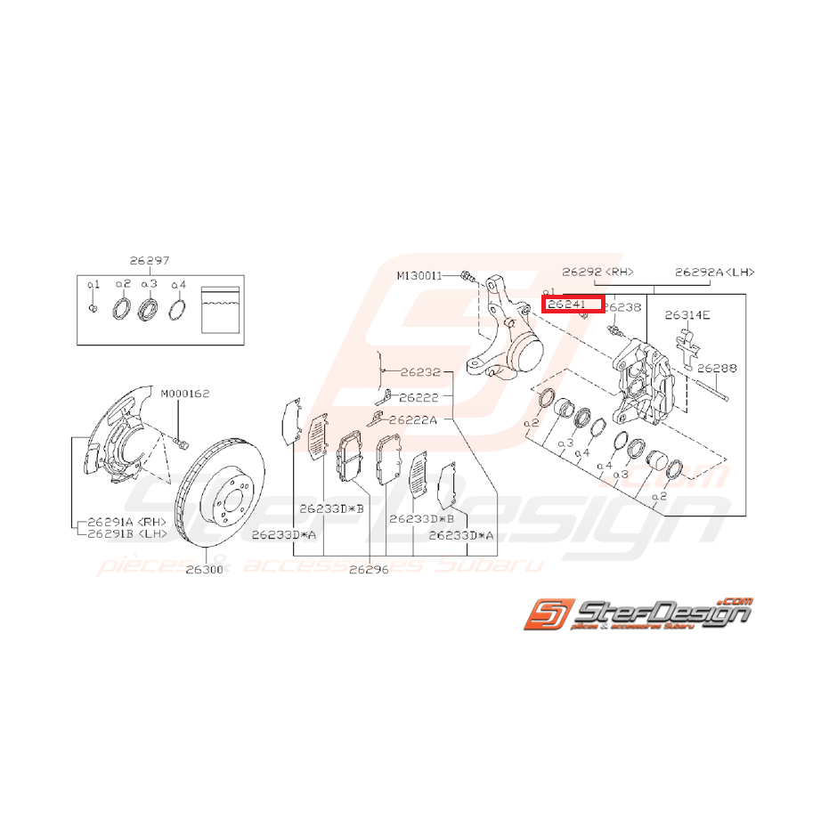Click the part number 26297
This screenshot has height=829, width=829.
coord(149,261)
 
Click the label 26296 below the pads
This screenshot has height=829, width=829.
coord(369,569)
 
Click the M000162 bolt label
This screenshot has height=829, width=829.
coord(185,393)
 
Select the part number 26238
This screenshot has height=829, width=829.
coord(622,307)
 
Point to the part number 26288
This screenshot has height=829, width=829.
coord(717,367)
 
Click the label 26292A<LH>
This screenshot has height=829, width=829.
coord(714,272)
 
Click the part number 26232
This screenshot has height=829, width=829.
coord(420,372)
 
